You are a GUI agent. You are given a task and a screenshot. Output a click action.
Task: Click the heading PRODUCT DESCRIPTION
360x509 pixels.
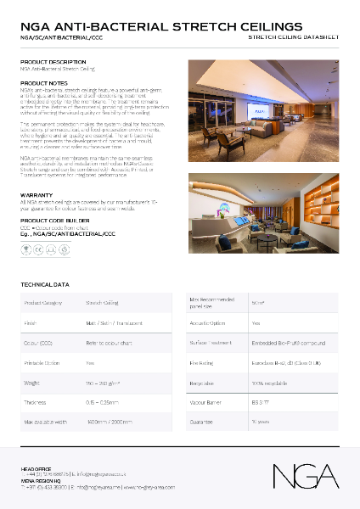[x=53, y=62]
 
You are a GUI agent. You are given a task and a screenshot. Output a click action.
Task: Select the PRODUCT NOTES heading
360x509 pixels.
[x=43, y=82]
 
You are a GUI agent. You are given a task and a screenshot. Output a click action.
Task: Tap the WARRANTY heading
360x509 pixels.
[x=37, y=194]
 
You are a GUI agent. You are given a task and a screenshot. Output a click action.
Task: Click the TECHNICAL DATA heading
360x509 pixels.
[x=44, y=284]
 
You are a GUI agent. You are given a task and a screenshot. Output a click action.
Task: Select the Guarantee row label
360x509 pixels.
[x=202, y=422]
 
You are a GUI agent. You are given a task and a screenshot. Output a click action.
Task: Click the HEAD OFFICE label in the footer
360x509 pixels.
[x=37, y=468]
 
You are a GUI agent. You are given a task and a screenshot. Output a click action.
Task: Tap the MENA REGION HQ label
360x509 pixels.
[x=41, y=480]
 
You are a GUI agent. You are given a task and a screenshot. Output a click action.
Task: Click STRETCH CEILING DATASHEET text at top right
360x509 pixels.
[x=292, y=38]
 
